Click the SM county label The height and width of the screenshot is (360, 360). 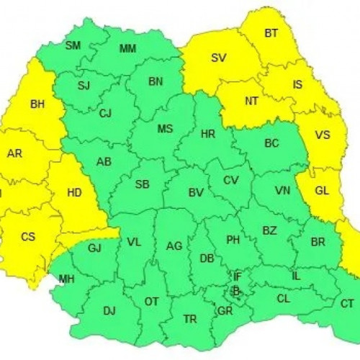(73, 45)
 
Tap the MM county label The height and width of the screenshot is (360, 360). (127, 49)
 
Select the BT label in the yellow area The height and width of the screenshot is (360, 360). (271, 33)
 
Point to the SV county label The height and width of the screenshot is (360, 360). (218, 58)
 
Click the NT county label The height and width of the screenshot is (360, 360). (251, 102)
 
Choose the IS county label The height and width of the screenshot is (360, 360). (297, 85)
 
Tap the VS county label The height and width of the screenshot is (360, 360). (323, 134)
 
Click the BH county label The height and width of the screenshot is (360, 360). (37, 104)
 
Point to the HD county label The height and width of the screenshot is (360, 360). (74, 193)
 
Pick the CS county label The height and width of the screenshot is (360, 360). (27, 236)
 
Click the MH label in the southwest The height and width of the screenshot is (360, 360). (66, 279)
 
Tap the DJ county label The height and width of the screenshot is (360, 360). (109, 311)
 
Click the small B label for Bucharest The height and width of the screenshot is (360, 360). (235, 291)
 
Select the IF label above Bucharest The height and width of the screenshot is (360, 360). (237, 276)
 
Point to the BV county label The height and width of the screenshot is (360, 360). (195, 193)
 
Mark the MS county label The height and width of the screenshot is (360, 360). (166, 130)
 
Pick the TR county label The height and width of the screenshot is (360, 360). (190, 318)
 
